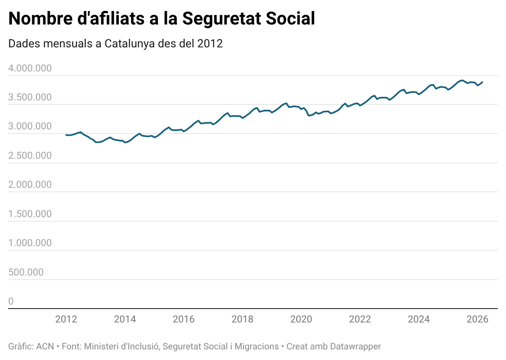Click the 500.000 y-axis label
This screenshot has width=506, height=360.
[x=26, y=272]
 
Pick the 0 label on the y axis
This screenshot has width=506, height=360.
[x=11, y=301]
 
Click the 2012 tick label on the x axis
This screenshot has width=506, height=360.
[x=66, y=319]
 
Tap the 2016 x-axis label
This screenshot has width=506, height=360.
[x=184, y=319]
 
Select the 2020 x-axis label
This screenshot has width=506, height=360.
[x=301, y=319]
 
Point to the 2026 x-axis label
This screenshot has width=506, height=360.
[x=477, y=319]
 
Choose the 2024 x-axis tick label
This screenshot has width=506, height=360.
[x=419, y=319]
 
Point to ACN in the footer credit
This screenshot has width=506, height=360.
[x=45, y=347]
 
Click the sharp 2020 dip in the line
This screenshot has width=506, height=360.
[x=309, y=116]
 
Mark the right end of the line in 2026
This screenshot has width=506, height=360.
[x=482, y=82]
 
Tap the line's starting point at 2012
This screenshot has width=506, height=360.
[x=66, y=135]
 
